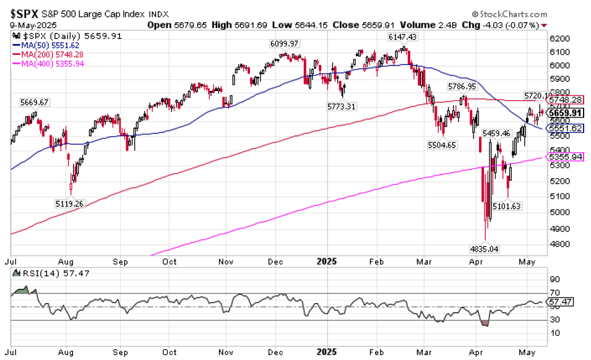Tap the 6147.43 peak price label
402,37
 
